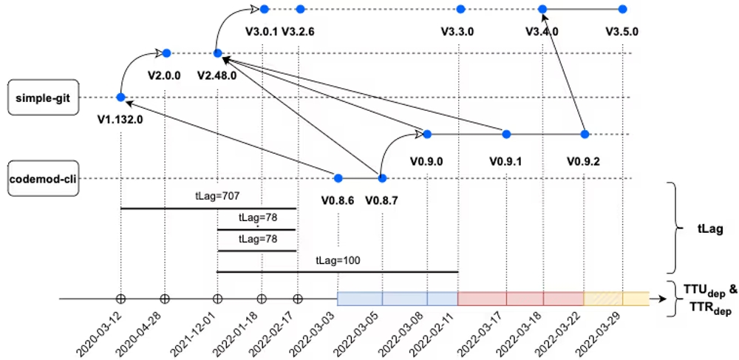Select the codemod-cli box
point(43,179)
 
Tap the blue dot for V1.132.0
point(120,98)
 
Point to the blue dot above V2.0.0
point(167,53)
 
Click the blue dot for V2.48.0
point(217,53)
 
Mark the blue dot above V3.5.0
point(622,9)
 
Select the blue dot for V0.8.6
point(338,178)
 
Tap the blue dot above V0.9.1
point(506,134)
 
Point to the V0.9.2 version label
point(583,159)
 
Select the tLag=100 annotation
point(337,261)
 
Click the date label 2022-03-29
point(603,330)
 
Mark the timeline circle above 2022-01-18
point(261,299)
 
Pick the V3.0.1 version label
point(261,32)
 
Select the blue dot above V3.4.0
point(542,9)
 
